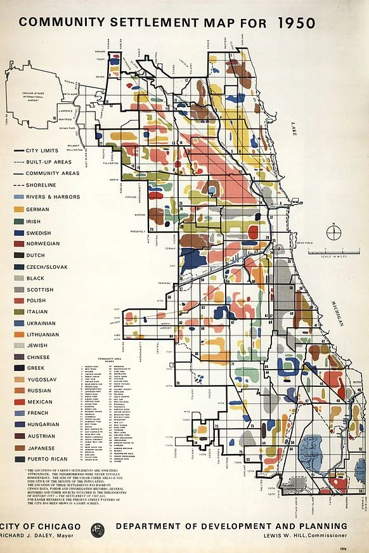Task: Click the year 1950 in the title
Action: [296, 22]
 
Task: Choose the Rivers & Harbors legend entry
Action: [53, 197]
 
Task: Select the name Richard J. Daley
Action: [30, 537]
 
